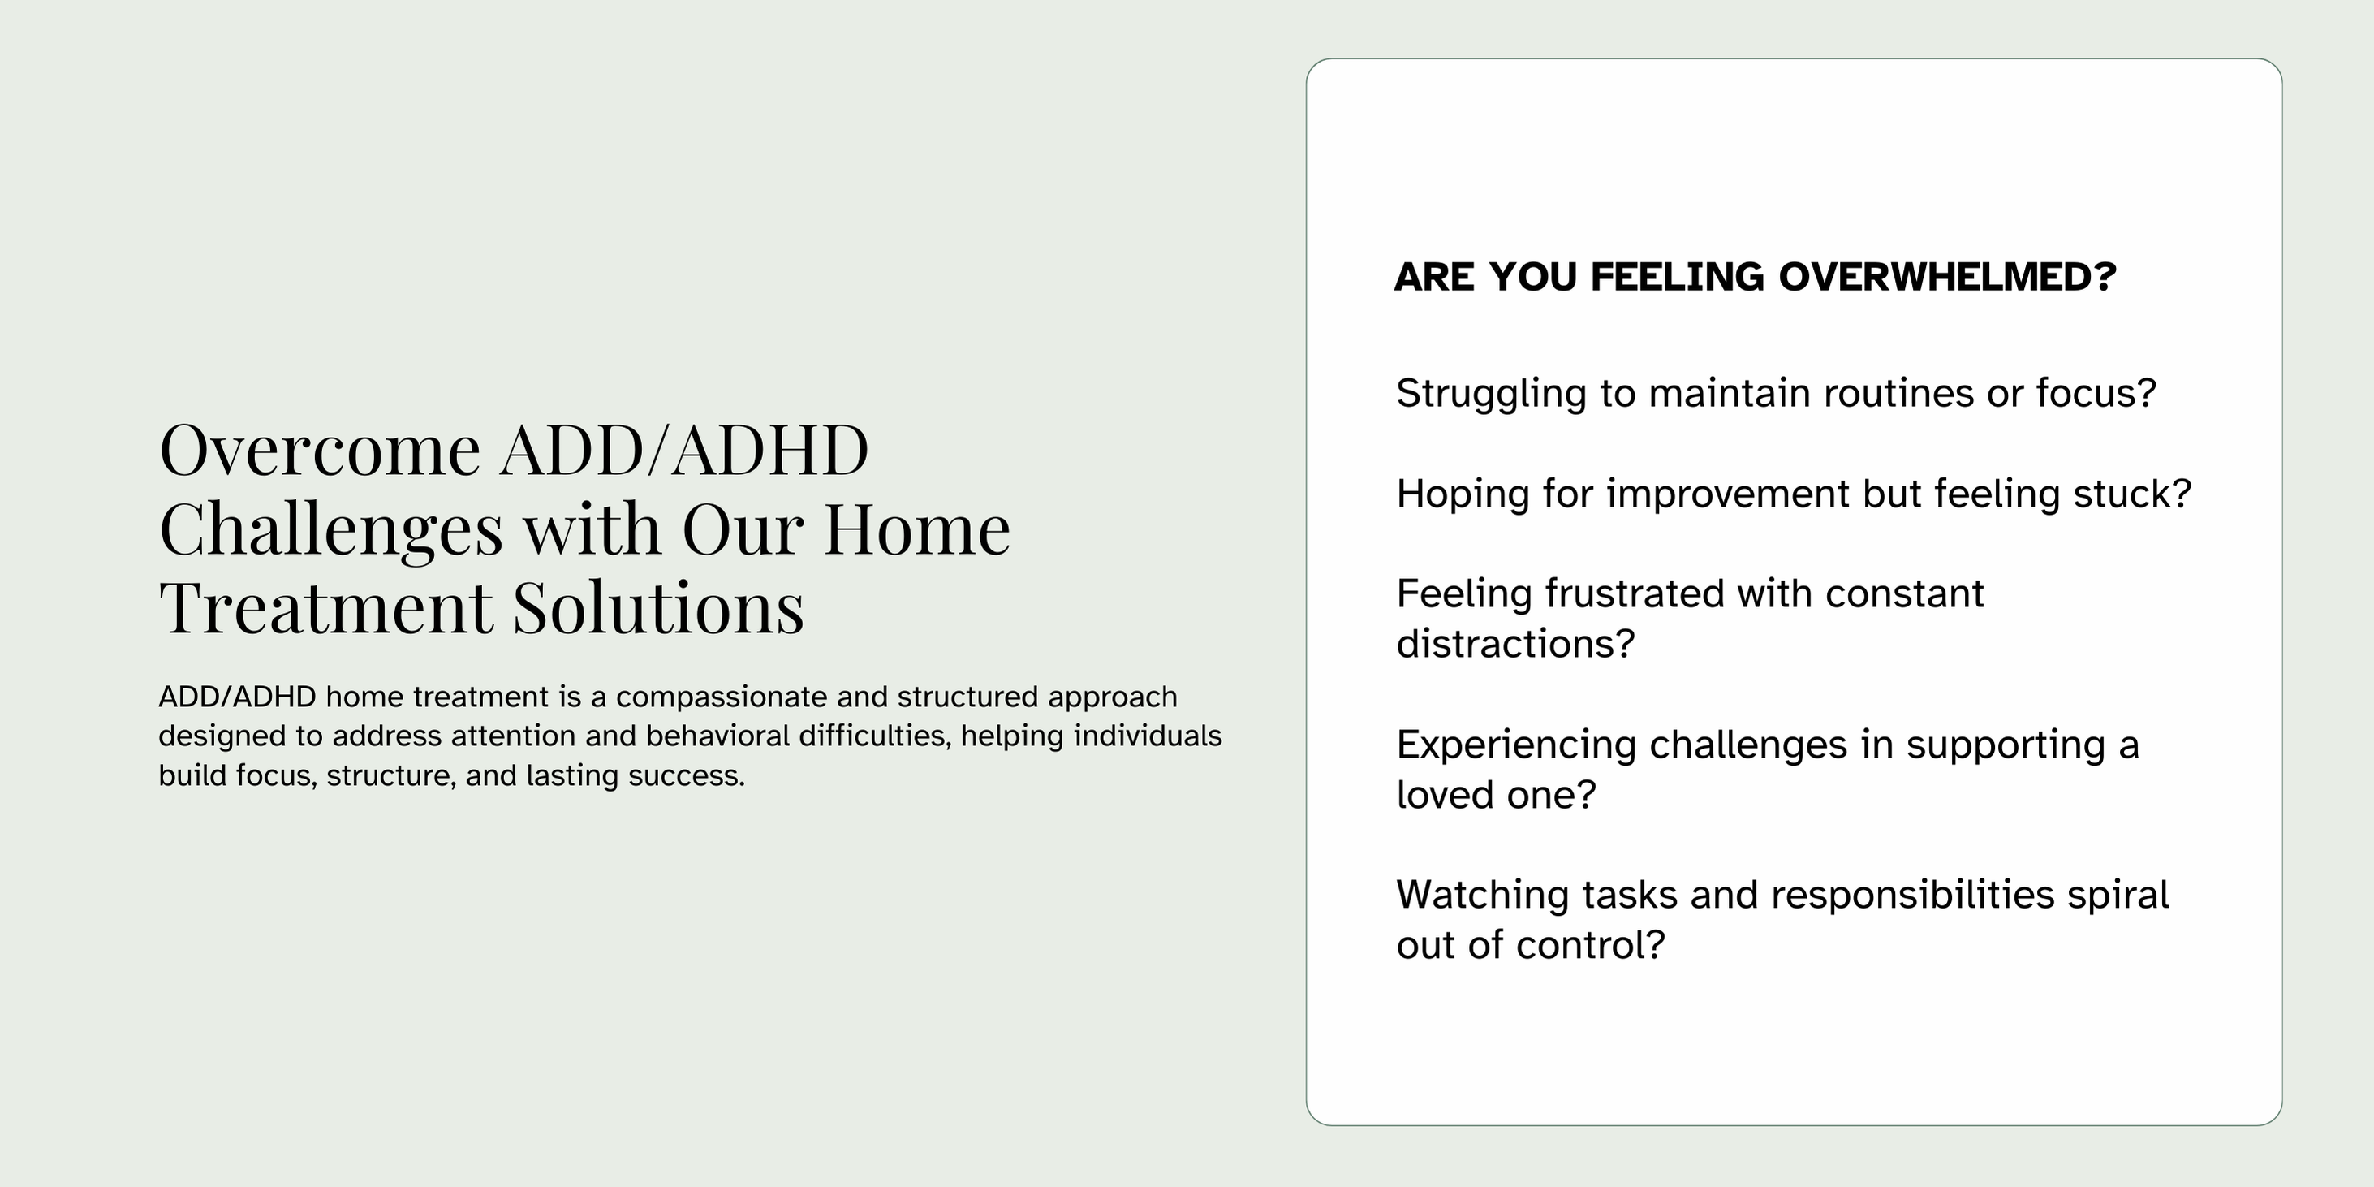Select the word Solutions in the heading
tap(658, 607)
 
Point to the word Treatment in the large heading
tap(326, 608)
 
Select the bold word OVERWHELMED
tap(1946, 278)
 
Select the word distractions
tap(1515, 644)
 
